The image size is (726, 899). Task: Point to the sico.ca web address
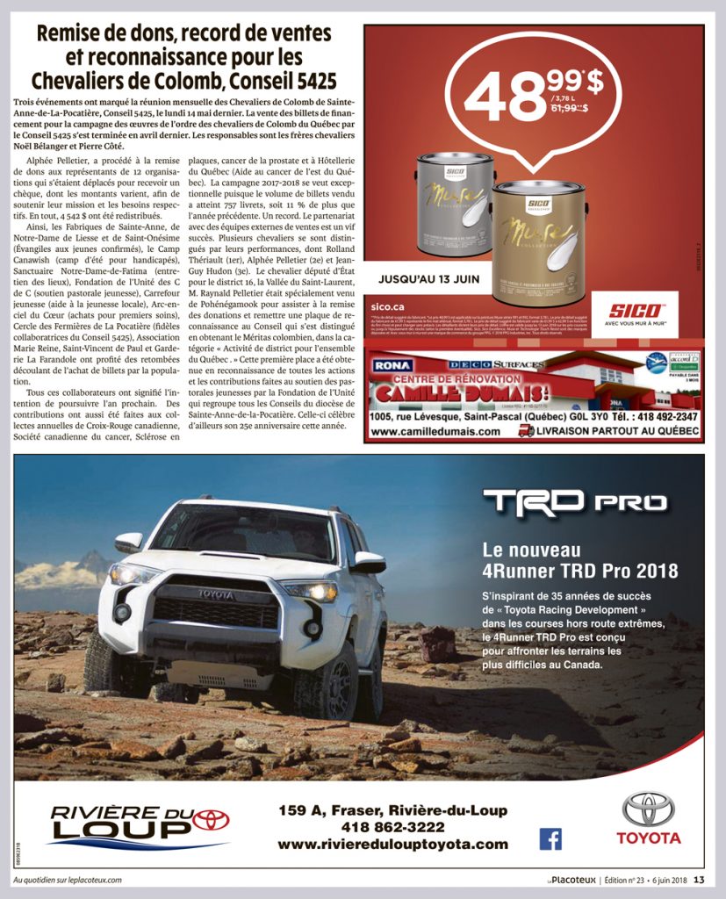(387, 306)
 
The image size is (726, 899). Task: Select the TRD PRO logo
(575, 502)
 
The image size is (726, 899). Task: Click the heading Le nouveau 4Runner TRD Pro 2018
(580, 560)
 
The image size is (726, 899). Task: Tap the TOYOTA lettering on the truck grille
(215, 594)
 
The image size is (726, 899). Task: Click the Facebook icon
(550, 839)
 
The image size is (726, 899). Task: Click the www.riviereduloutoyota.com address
(392, 845)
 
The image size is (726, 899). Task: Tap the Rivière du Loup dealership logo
(138, 825)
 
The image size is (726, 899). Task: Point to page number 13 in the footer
(699, 881)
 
